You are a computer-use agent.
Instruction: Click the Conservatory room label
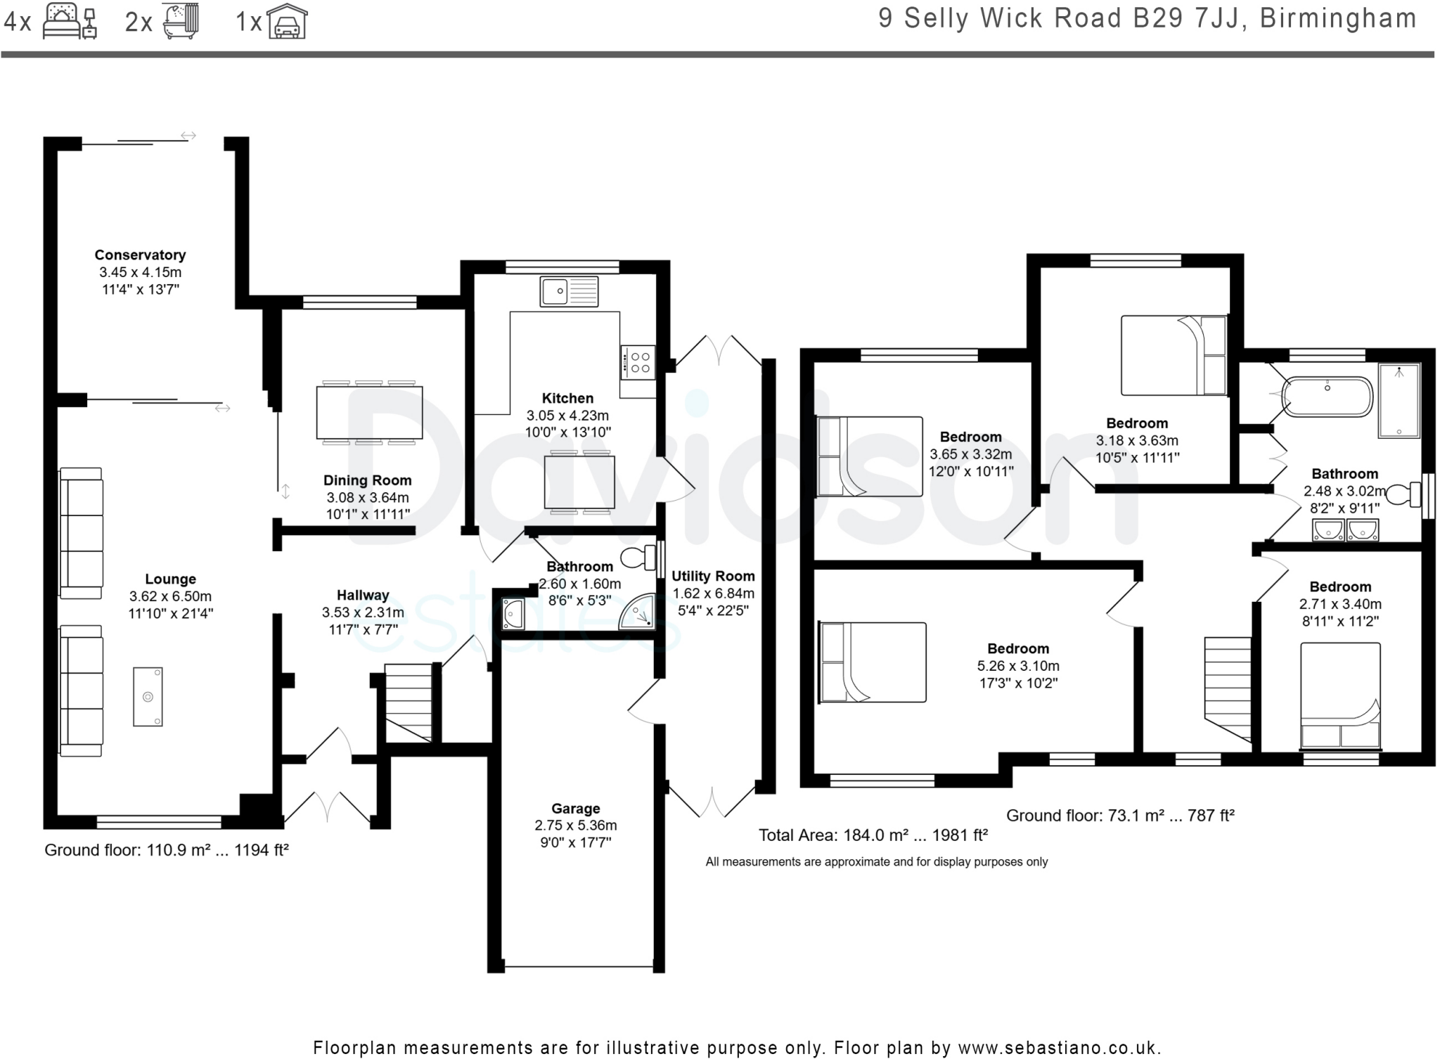pos(140,255)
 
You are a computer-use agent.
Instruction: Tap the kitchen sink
pos(569,291)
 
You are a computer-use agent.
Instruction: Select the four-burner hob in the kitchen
pos(638,362)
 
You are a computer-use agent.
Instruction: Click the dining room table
pos(369,413)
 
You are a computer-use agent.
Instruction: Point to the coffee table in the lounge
pos(148,697)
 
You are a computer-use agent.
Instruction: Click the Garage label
pos(576,809)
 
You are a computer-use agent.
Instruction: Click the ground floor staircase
pos(408,702)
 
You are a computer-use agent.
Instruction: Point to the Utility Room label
pos(713,576)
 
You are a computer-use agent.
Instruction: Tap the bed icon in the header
pos(70,21)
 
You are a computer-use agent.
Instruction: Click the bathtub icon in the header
pos(181,21)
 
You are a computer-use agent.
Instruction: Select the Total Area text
pos(873,835)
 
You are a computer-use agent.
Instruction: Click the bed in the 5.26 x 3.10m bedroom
pos(873,662)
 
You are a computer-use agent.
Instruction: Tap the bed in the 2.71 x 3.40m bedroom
pos(1340,695)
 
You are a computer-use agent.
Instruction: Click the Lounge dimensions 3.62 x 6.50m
pos(170,596)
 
